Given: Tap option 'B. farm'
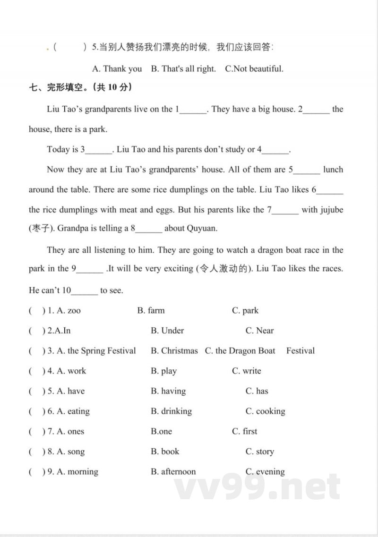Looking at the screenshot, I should pyautogui.click(x=151, y=311).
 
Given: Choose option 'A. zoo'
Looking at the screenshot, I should pyautogui.click(x=69, y=311).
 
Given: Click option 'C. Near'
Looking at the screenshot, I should pyautogui.click(x=259, y=331).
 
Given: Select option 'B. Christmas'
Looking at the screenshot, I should pyautogui.click(x=174, y=351).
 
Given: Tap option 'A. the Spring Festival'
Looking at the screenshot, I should pyautogui.click(x=96, y=351).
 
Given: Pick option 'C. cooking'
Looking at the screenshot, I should pyautogui.click(x=265, y=411).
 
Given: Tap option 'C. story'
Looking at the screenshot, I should pyautogui.click(x=259, y=452).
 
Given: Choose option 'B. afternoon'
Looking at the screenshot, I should pyautogui.click(x=173, y=472).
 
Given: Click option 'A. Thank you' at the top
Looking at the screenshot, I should pyautogui.click(x=117, y=69).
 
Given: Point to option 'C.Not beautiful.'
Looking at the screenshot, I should pyautogui.click(x=254, y=69).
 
